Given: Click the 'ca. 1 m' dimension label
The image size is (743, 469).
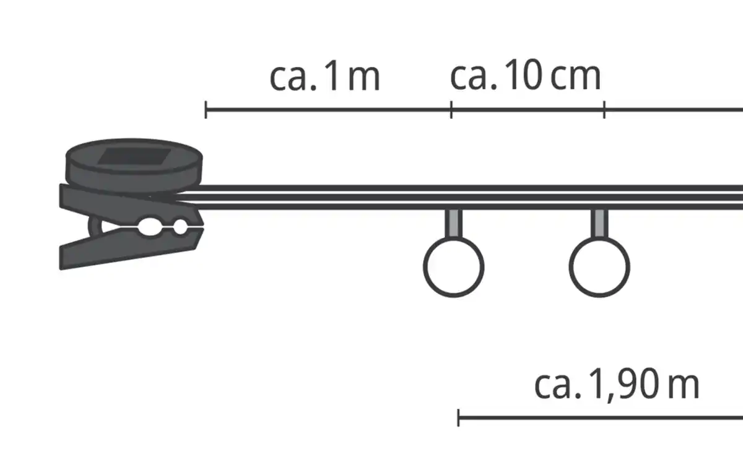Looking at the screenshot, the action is coord(324,76).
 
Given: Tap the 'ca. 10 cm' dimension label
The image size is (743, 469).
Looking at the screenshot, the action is coord(526,75).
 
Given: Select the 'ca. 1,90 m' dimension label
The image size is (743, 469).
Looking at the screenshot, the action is coord(617,384).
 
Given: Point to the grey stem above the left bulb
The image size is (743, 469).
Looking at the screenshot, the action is coord(453,222).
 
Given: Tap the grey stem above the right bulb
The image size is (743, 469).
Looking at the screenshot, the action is coord(599,222).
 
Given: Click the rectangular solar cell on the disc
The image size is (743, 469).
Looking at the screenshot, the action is coord(134,156).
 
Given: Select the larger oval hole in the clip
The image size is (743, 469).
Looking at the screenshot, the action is coord(150,227).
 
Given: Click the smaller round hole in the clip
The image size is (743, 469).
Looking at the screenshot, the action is coord(180,227).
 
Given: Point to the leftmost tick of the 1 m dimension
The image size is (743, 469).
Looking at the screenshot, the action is coord(206,110).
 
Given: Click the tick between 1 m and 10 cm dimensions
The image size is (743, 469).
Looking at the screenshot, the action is coord(451,110).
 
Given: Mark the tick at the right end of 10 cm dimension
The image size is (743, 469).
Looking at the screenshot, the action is coord(604,110).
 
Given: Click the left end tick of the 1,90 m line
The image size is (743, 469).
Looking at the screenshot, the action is coord(458,418).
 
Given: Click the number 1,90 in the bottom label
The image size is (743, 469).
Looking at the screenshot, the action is coord(624,385).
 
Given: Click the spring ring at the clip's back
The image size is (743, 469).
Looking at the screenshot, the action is coord(94,226).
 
